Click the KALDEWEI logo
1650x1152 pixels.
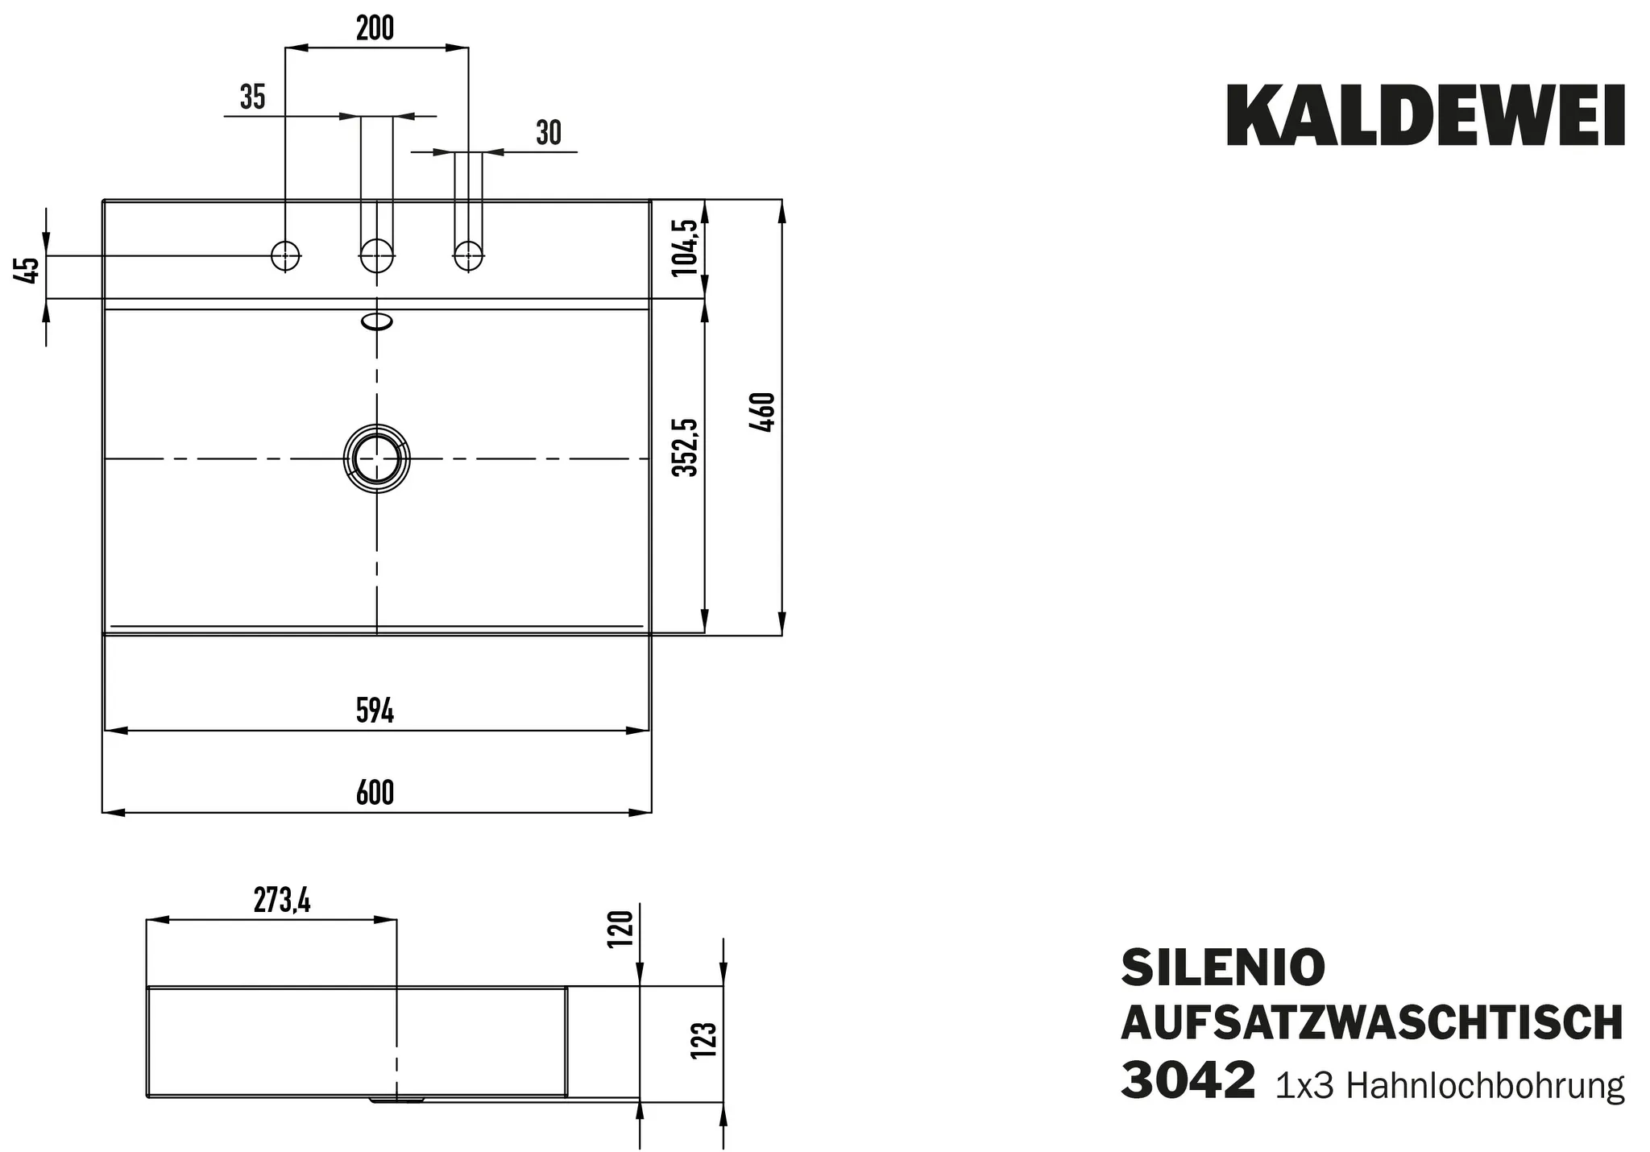1425,118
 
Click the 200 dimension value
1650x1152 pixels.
375,29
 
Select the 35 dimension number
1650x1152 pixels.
252,97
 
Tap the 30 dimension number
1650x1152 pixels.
549,133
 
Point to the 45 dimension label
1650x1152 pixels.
28,270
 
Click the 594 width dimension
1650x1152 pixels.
375,711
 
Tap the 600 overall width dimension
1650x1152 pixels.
375,794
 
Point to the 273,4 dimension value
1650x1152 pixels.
282,901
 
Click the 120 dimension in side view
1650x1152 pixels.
622,929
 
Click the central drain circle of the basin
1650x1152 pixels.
376,458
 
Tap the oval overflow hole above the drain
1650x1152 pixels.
377,322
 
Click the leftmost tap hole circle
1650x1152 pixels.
285,256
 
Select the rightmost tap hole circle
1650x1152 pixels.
468,256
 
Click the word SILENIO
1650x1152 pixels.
1223,968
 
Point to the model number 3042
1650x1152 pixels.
1188,1081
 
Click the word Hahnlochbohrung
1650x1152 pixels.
1485,1086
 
